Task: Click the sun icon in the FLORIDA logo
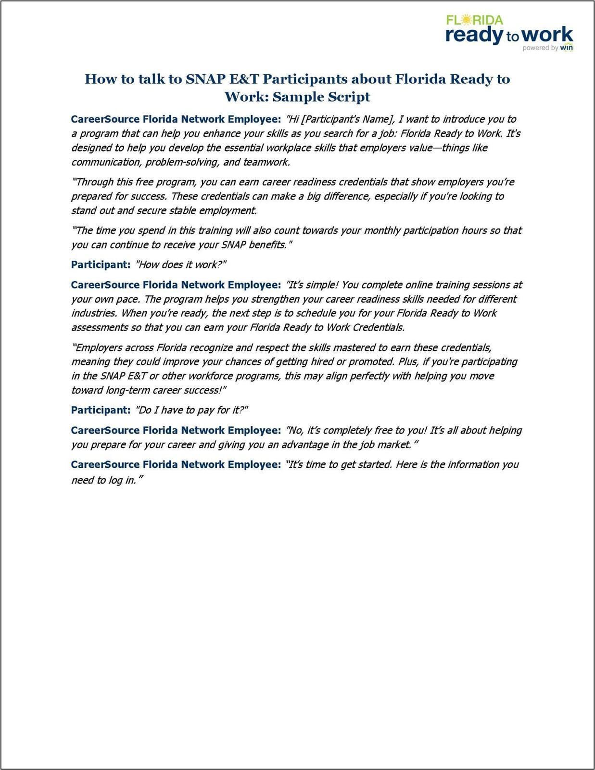tap(465, 20)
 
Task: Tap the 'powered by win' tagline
tap(547, 48)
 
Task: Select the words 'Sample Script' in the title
tap(321, 97)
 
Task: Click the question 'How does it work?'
tap(181, 265)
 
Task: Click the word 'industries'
tap(94, 313)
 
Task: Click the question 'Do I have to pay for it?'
tap(191, 411)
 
